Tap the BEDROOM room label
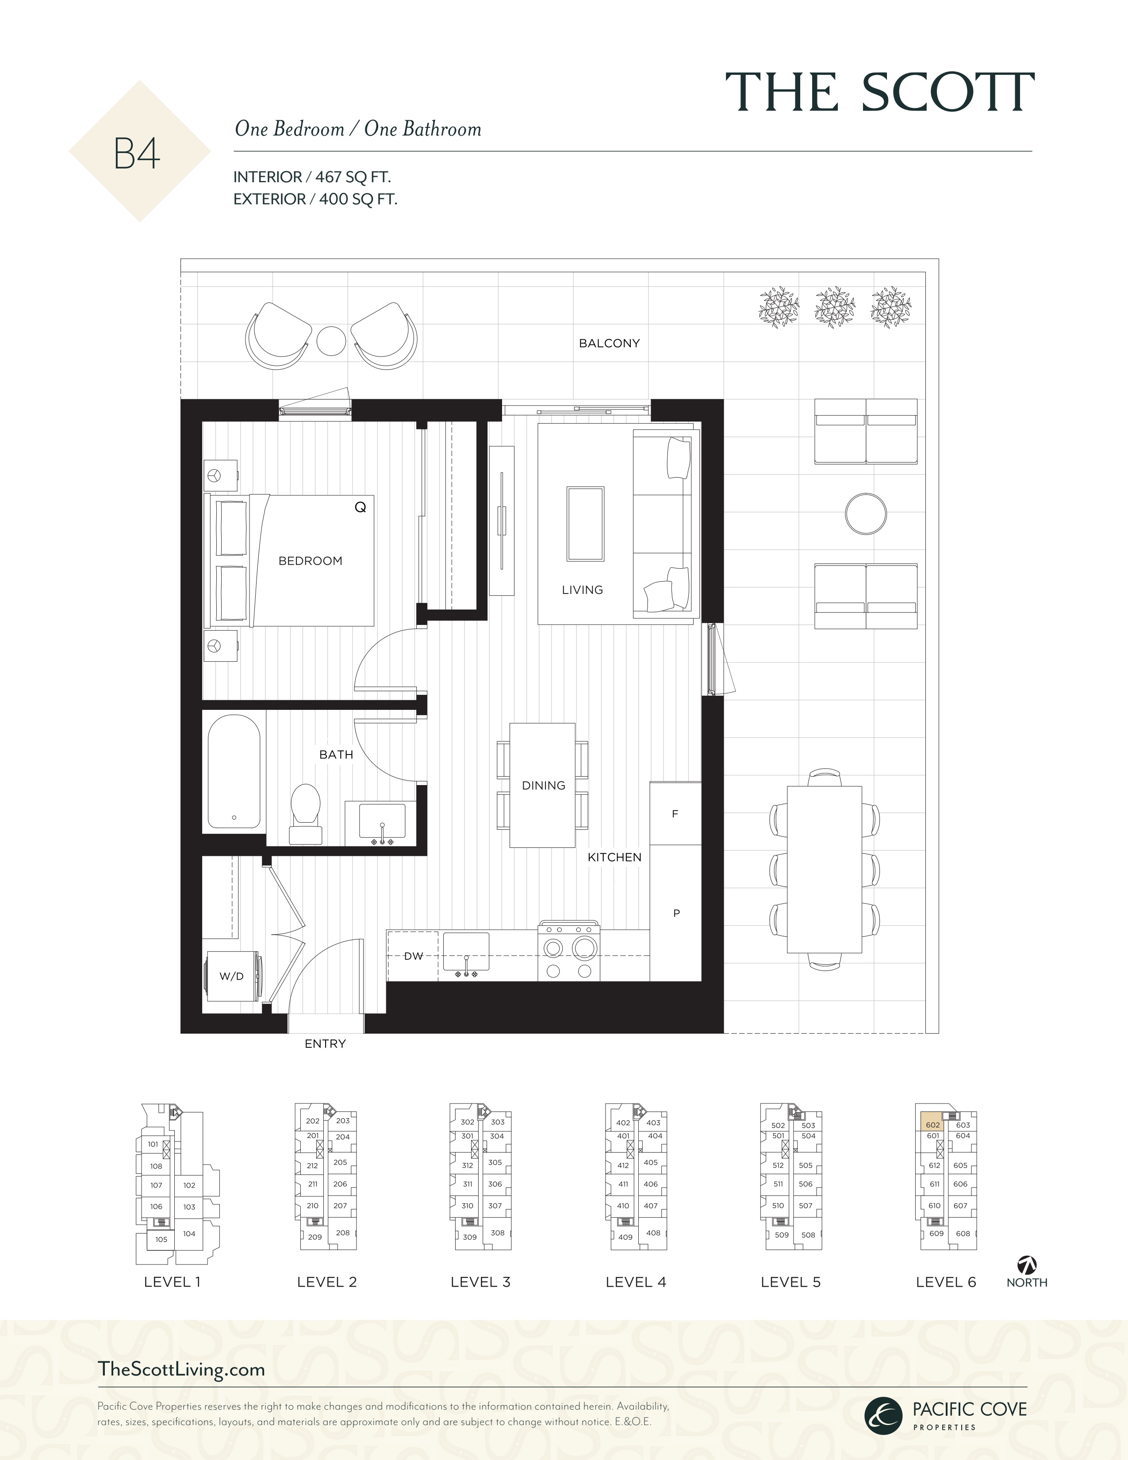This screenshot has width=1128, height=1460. point(310,561)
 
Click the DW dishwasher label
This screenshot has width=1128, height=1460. point(413,956)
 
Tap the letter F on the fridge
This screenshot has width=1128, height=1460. point(675,813)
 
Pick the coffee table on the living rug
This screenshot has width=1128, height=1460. point(585,523)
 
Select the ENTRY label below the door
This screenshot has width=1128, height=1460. point(325,1043)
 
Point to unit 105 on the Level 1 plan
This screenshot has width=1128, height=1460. point(161,1239)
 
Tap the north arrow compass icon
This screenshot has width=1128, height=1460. point(1026,1265)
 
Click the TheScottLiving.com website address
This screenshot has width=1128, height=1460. point(181,1369)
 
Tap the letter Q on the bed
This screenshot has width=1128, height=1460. point(361,507)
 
